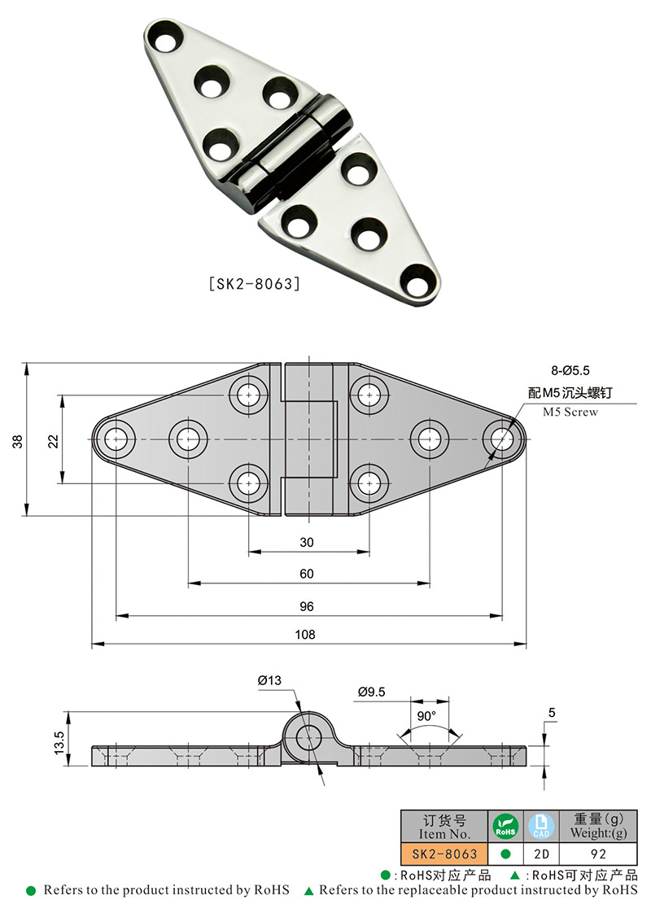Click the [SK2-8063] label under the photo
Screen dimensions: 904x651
pos(255,285)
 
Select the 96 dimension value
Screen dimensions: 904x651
pos(307,606)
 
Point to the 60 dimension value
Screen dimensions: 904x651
pos(307,574)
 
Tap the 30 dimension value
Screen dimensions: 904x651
pos(307,543)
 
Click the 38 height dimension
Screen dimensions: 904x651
pos(18,440)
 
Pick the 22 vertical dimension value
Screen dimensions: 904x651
pos(53,440)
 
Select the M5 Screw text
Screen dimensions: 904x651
pos(570,412)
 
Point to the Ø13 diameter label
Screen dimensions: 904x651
pos(269,680)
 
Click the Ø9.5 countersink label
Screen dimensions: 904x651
pos(371,692)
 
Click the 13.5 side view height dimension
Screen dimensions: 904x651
pos(59,742)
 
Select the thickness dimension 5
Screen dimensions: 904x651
pos(552,714)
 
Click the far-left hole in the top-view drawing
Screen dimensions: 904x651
pos(118,439)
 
